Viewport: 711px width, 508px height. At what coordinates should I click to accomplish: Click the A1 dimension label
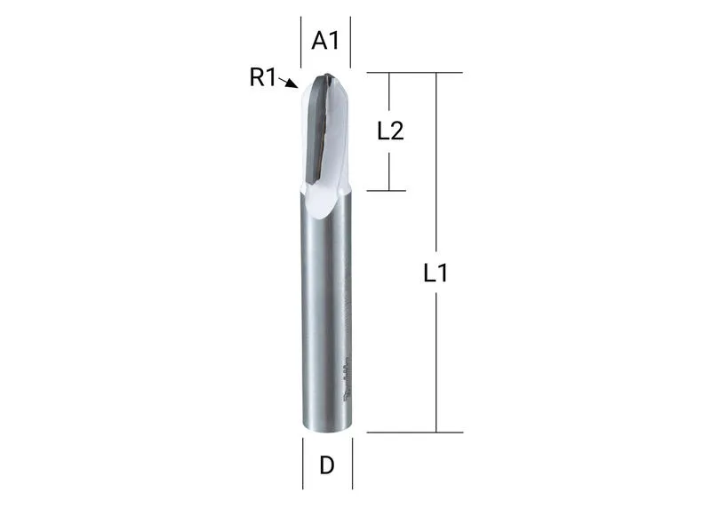325,41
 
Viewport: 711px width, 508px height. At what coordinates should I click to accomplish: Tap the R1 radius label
262,77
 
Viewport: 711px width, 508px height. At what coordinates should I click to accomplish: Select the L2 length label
390,131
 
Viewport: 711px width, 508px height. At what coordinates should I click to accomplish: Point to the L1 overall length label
435,273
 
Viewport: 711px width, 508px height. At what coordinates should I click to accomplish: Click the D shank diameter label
327,465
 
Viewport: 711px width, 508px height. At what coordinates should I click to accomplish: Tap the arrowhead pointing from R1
293,83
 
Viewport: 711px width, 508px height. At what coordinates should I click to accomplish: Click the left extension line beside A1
301,42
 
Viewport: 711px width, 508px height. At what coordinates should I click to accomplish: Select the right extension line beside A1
350,42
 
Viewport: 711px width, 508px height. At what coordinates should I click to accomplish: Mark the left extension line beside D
303,463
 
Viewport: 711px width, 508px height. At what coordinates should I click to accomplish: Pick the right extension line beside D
352,463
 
